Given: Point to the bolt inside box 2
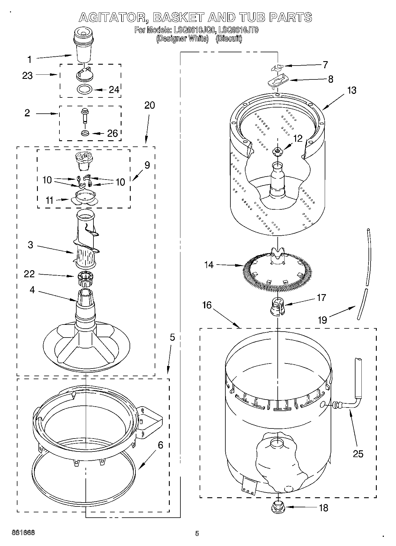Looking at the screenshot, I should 84,116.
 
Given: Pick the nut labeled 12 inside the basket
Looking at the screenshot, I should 277,152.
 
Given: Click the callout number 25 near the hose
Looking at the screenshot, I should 358,453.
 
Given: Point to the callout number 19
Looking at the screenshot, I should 322,320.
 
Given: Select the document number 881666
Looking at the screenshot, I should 24,533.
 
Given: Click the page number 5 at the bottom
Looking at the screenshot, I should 197,533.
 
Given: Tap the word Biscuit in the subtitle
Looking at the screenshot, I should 229,39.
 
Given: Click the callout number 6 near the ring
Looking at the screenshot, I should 160,445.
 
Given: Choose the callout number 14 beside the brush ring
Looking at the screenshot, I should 209,265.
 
